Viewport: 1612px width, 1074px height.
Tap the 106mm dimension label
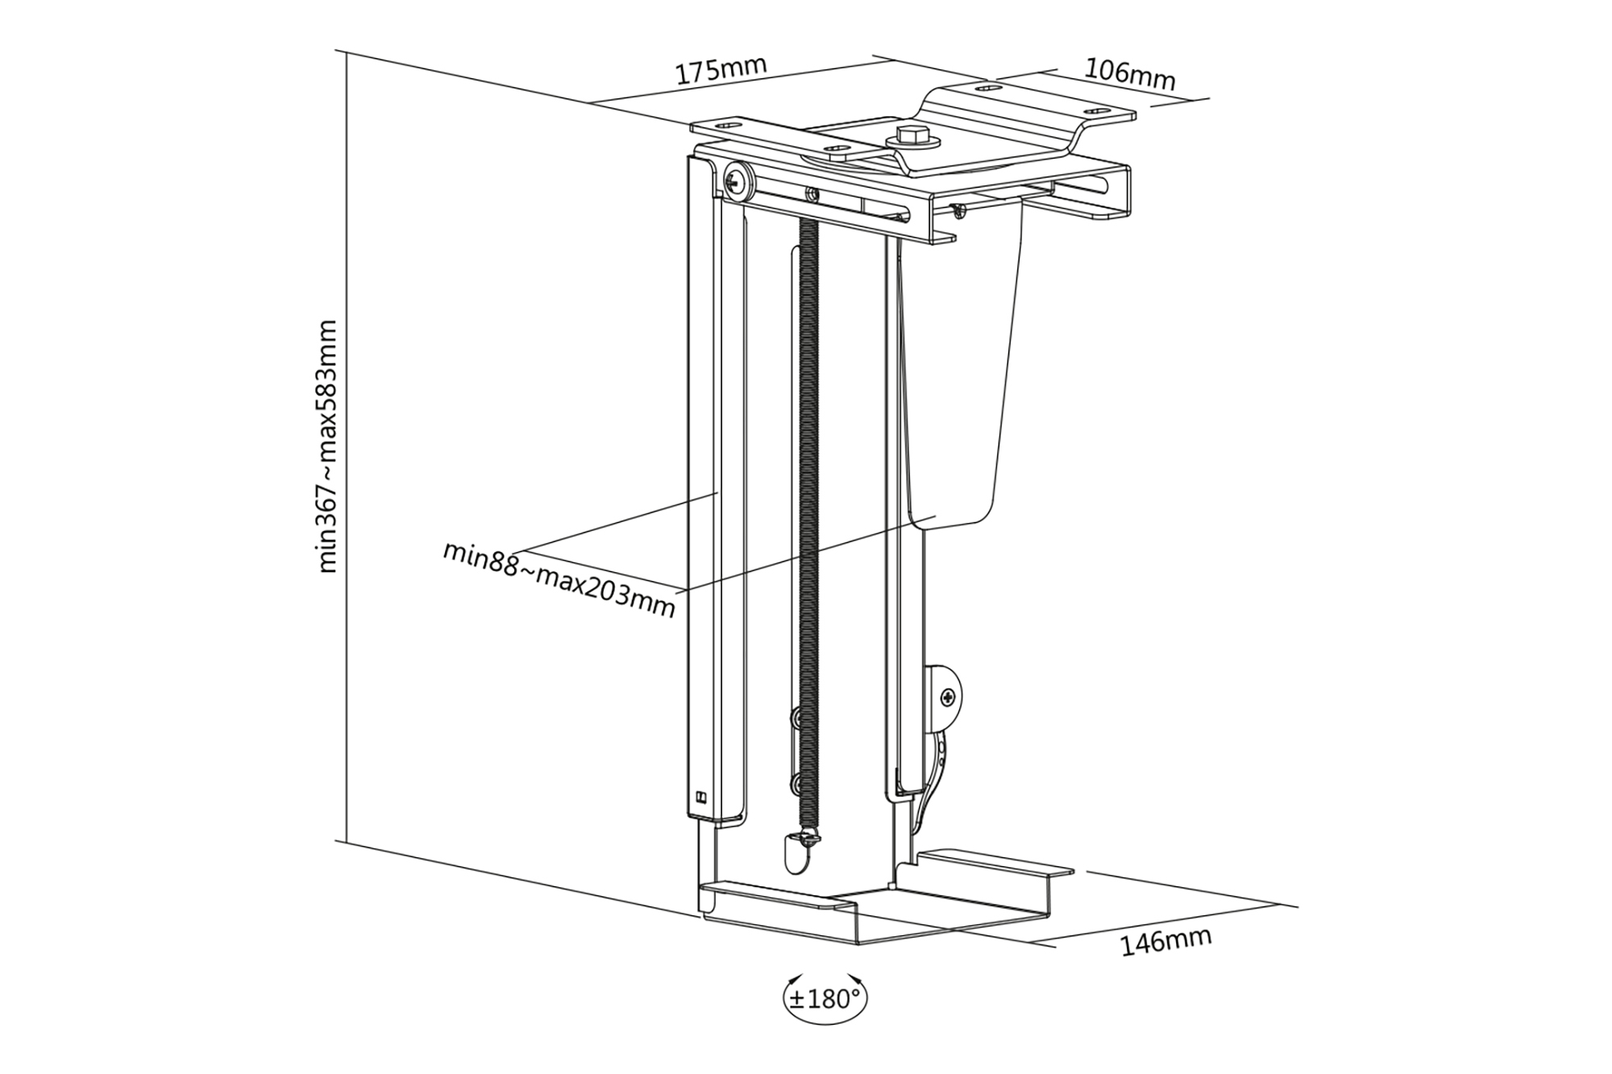click(x=1129, y=75)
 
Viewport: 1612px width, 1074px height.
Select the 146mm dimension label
click(x=1165, y=941)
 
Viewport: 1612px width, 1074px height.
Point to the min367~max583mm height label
click(x=327, y=447)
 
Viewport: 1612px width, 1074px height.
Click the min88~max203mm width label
click(x=559, y=579)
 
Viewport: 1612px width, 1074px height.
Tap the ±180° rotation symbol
click(x=825, y=1000)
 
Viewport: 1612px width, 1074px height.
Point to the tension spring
click(x=808, y=524)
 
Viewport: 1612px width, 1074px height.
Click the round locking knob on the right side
click(x=949, y=697)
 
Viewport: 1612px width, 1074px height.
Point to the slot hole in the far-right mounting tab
click(x=1096, y=110)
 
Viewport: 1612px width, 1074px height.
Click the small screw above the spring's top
click(x=812, y=193)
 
